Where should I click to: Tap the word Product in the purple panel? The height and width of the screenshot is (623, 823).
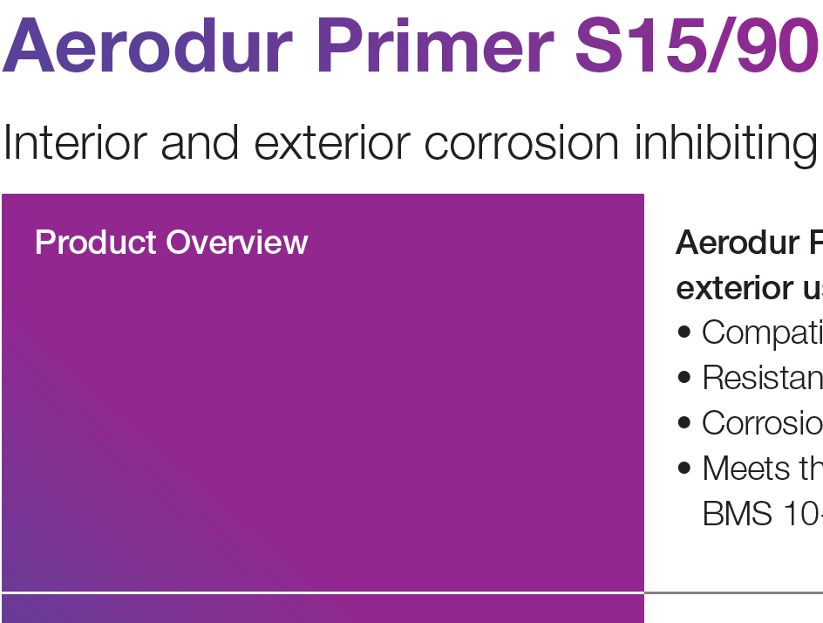pos(96,243)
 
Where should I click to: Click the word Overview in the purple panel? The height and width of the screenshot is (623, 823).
pos(237,243)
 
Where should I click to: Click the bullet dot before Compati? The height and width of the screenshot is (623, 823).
pos(684,332)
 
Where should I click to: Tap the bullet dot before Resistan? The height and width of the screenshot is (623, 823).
pos(684,378)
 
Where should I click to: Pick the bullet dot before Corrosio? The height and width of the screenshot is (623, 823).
pos(684,423)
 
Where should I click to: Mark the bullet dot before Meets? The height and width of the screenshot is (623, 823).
pos(684,469)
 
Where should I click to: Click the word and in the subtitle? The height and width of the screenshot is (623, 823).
pos(202,142)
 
